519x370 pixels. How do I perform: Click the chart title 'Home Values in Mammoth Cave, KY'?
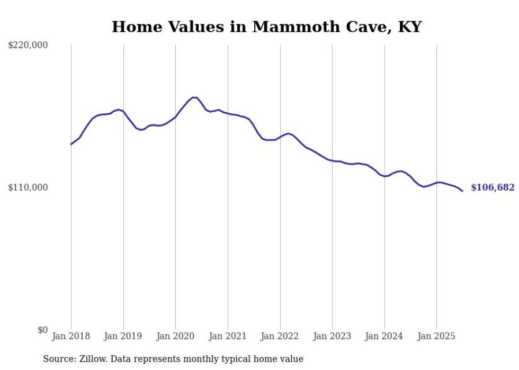266,27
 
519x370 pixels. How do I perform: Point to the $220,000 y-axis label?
28,46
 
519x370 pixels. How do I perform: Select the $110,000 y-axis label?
28,187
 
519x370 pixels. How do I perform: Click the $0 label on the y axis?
42,330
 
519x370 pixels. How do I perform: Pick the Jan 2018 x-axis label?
71,336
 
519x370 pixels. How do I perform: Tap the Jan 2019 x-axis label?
123,336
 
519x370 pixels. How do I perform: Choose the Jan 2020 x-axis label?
175,336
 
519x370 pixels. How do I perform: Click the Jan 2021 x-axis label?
228,336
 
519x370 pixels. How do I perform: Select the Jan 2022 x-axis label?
280,336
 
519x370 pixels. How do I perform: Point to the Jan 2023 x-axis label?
332,336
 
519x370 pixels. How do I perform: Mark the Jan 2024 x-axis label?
384,336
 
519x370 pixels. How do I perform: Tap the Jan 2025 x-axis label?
436,336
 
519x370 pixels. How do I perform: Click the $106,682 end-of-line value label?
492,187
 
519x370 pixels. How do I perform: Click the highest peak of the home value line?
194,97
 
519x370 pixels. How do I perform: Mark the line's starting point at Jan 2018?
71,144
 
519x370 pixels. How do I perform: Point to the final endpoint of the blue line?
462,191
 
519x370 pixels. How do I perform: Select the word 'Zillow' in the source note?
94,359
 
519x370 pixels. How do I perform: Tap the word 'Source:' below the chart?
59,359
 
